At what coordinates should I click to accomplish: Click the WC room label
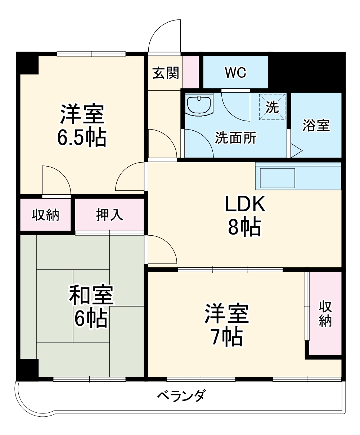click(x=235, y=73)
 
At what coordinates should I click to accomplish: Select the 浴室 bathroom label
click(x=316, y=126)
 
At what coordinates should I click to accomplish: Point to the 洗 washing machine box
click(x=272, y=107)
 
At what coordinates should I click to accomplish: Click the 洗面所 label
click(x=236, y=138)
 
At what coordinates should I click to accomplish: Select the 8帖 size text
click(x=244, y=227)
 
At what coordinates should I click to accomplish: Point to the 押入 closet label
click(x=109, y=214)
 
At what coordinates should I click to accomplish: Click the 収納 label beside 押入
click(x=46, y=215)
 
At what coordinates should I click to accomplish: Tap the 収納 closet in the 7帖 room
click(x=325, y=314)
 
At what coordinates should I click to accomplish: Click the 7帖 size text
click(x=226, y=336)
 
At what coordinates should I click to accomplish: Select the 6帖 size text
click(x=91, y=318)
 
